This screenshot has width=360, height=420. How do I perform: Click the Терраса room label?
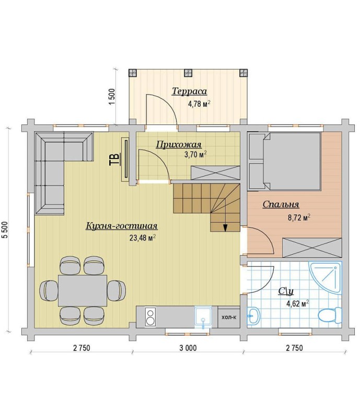click(189, 91)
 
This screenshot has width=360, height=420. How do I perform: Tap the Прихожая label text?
click(179, 145)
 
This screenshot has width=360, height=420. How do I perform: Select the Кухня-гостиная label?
click(122, 226)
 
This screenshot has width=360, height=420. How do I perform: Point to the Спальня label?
click(281, 204)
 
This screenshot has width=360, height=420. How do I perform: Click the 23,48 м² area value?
click(143, 237)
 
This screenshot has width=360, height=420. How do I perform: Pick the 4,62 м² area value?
click(298, 303)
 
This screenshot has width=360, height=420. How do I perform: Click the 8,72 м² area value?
click(299, 217)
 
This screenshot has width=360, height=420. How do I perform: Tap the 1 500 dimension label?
click(112, 97)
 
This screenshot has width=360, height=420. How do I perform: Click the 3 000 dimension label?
click(188, 348)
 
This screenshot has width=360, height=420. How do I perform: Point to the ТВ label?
click(114, 160)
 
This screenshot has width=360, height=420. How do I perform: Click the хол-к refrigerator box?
click(229, 317)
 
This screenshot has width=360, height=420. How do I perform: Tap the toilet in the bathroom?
click(330, 315)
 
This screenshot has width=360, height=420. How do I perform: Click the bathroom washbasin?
click(253, 316)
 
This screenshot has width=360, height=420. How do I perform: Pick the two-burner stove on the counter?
click(150, 317)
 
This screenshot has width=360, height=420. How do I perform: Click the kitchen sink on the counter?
click(203, 316)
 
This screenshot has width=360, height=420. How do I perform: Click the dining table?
click(83, 290)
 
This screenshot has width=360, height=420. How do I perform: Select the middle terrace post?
click(188, 73)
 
